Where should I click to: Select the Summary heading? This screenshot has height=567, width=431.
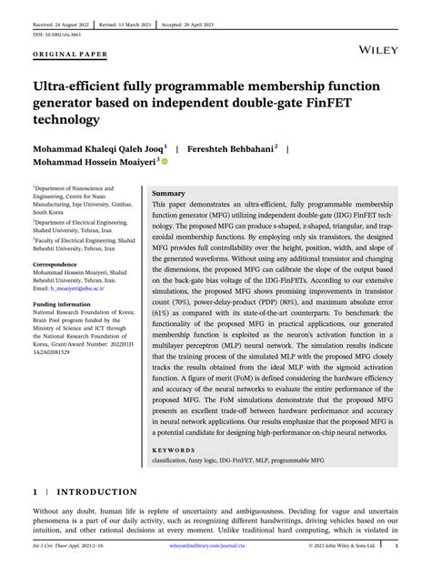(168, 194)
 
